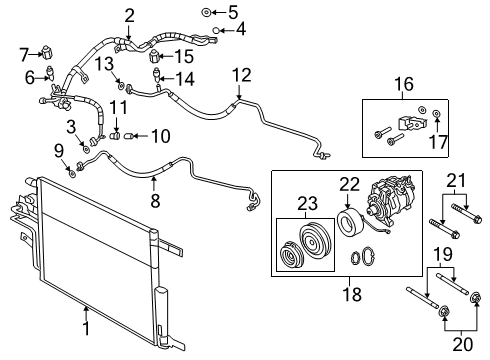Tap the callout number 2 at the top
pos(129,14)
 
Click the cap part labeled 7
pos(48,53)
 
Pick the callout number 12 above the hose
pos(240,74)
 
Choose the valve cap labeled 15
pos(155,56)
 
